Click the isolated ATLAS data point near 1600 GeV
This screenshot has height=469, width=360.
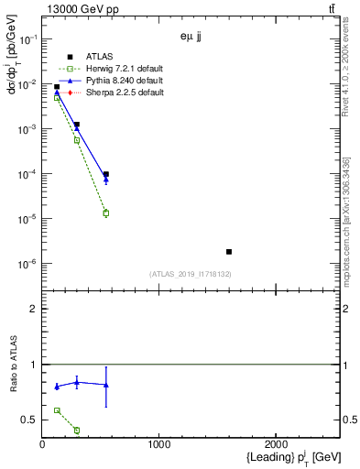pyautogui.click(x=229, y=251)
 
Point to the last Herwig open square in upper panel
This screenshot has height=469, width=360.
pyautogui.click(x=106, y=213)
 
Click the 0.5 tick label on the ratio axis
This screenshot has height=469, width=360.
pyautogui.click(x=29, y=420)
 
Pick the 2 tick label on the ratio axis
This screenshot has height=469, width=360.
pyautogui.click(x=34, y=309)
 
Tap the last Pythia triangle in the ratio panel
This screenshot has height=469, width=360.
pyautogui.click(x=106, y=385)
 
